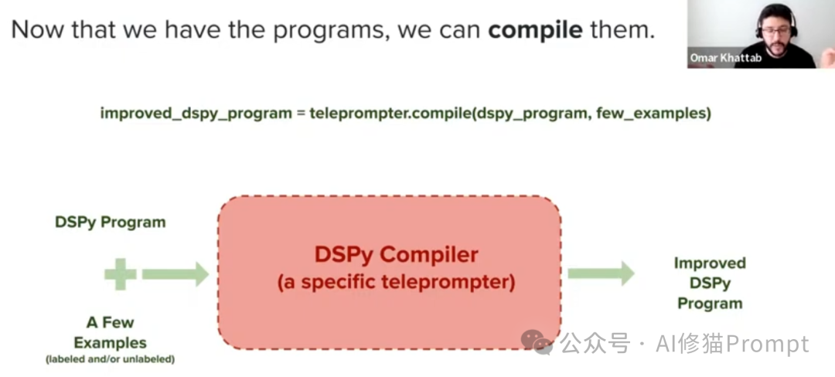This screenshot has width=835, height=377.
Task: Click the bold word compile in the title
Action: tap(535, 30)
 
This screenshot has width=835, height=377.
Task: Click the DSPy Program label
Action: tap(110, 222)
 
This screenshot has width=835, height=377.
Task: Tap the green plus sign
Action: tap(120, 273)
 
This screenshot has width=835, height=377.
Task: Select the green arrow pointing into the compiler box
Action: tap(176, 273)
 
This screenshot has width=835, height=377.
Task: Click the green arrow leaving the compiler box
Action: tap(602, 273)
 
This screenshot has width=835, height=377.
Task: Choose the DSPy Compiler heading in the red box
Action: tap(396, 254)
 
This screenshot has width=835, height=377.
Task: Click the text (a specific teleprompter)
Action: tap(396, 282)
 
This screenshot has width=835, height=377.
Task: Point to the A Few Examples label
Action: tap(110, 333)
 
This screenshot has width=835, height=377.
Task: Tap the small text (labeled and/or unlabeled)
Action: tap(110, 359)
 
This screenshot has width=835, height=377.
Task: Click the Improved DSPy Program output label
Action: tap(709, 284)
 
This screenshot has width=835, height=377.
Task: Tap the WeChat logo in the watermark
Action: tap(537, 342)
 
